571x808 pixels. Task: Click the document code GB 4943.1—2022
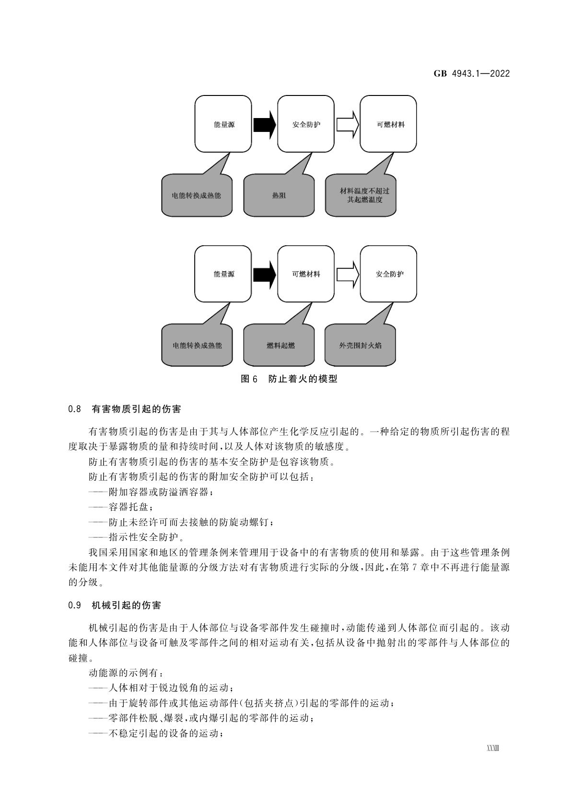coord(471,73)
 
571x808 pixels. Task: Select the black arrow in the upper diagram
coord(265,125)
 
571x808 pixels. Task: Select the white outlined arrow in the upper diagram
coord(347,125)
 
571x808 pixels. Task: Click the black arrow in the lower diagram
coord(265,274)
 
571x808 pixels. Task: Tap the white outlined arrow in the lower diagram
coord(347,274)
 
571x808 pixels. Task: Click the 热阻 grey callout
coord(279,195)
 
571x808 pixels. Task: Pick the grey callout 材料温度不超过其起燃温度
coord(361,195)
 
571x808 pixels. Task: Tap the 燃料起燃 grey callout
coord(279,345)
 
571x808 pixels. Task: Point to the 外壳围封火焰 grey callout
coord(361,345)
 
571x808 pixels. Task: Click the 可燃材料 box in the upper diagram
coord(388,124)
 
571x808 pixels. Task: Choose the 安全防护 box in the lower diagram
coord(388,274)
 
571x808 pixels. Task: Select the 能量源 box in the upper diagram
coord(223,124)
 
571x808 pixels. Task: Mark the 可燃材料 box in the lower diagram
coord(306,274)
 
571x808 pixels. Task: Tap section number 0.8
coord(74,409)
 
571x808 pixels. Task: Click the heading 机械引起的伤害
coord(126,606)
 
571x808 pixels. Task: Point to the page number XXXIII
coord(493,749)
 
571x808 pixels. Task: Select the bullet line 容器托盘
coord(122,507)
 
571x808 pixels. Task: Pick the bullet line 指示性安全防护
coord(137,537)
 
